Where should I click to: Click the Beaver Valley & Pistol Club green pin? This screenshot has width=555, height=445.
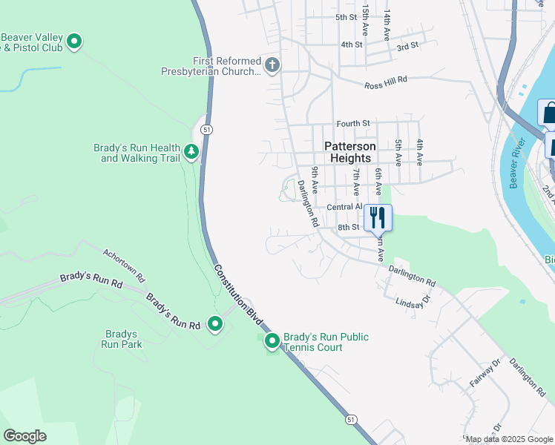(x=74, y=42)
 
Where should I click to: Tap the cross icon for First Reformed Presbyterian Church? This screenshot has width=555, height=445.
(x=272, y=65)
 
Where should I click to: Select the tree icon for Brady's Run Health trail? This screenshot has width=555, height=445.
(x=192, y=152)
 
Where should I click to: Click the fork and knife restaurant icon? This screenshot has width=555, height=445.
(x=378, y=217)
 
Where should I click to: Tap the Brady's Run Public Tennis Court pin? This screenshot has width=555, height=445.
(x=272, y=341)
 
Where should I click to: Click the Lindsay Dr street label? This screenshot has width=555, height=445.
(x=413, y=303)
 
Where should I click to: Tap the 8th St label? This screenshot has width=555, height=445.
(x=348, y=227)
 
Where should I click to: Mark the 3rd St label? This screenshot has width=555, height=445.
(x=407, y=46)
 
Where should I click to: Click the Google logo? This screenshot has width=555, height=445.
(x=24, y=436)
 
